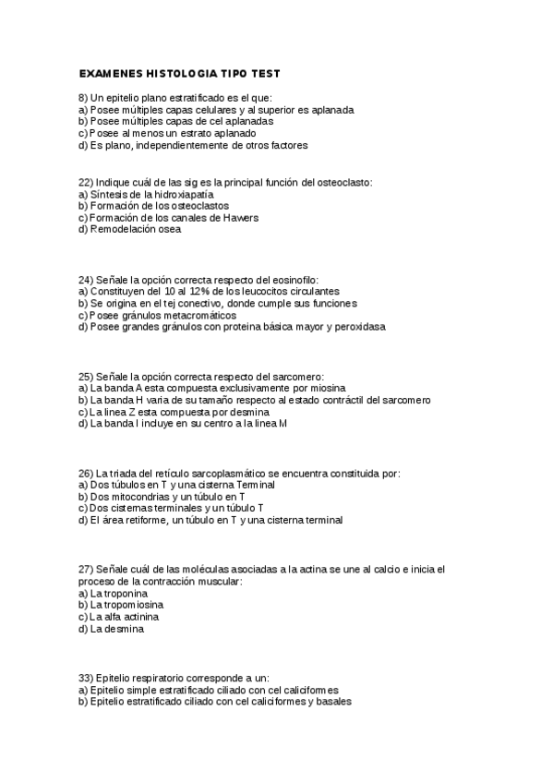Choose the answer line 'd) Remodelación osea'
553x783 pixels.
pyautogui.click(x=130, y=230)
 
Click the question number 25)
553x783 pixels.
pyautogui.click(x=86, y=376)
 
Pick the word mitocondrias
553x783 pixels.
pyautogui.click(x=153, y=497)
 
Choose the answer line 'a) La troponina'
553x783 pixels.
pyautogui.click(x=114, y=594)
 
